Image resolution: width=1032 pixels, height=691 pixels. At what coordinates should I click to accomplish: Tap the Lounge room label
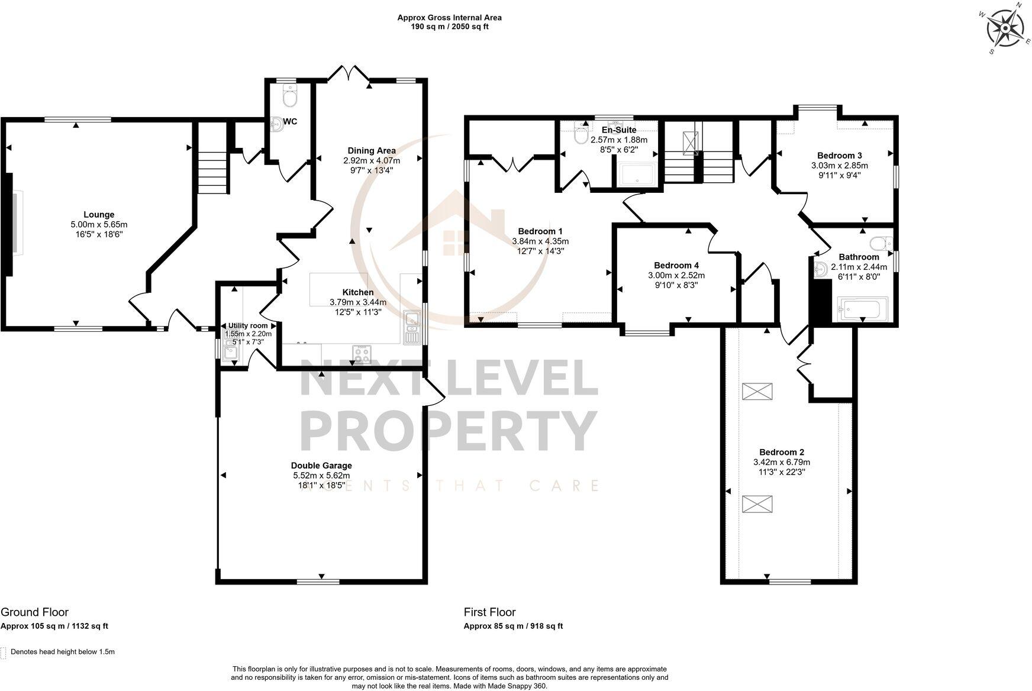(99, 215)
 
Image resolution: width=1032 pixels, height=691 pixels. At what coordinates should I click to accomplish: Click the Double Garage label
(321, 466)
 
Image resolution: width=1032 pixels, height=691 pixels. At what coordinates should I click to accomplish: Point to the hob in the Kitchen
(361, 354)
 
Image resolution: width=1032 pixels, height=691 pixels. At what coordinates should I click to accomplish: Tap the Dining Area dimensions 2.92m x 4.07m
(372, 160)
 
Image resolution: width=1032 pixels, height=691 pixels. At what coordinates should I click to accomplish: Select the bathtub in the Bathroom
(863, 308)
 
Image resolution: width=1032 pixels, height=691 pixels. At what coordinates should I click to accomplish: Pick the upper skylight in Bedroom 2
(757, 391)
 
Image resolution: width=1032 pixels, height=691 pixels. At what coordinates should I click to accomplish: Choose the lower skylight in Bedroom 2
(757, 504)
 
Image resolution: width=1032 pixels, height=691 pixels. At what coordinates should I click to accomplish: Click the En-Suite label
(619, 130)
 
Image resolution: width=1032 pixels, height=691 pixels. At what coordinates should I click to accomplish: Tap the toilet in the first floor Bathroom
(882, 243)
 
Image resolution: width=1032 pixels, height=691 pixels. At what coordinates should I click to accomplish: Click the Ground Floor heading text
(34, 612)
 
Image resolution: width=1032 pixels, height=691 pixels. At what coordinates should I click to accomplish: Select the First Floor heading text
(490, 612)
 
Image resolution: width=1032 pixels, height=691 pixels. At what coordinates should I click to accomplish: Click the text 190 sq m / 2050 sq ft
(450, 27)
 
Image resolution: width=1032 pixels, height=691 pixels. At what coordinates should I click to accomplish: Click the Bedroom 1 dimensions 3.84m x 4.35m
(540, 241)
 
